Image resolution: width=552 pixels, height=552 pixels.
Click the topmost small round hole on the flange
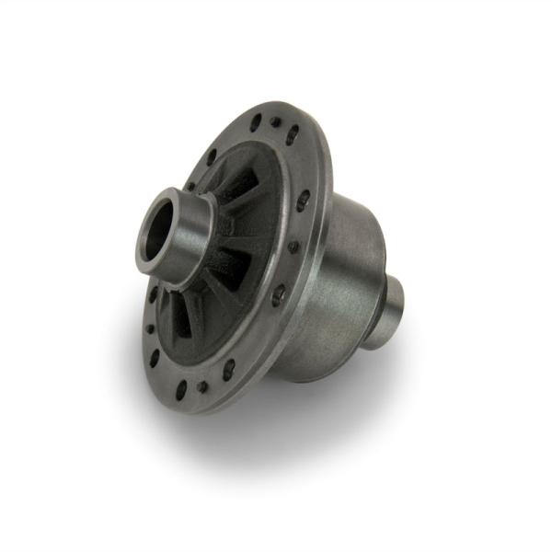tap(275, 121)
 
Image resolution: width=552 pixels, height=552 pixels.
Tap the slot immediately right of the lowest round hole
tap(228, 369)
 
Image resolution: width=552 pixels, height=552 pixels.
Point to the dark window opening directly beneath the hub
tap(189, 313)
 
